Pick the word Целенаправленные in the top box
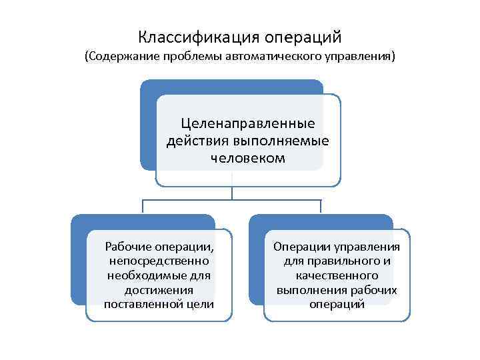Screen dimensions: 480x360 248,125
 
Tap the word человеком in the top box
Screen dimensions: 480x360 248,159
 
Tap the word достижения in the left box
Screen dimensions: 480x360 159,290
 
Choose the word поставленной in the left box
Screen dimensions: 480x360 144,305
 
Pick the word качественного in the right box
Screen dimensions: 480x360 337,275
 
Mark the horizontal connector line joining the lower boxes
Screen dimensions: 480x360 232,200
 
